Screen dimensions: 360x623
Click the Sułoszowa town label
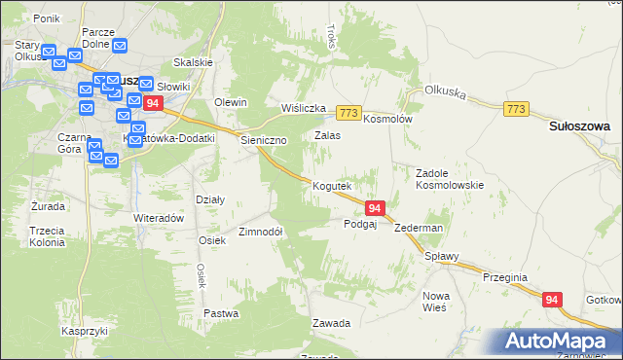coord(580,126)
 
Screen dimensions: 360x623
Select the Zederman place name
coord(420,228)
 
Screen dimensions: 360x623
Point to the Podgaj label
coord(360,224)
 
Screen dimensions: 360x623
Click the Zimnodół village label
coord(260,233)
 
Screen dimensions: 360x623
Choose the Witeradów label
coord(159,219)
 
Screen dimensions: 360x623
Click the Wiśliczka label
coord(302,108)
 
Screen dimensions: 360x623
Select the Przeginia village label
coord(504,277)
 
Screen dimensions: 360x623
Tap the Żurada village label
coord(48,206)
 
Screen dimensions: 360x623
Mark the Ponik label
coord(47,18)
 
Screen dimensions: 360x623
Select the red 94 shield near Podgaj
coord(376,207)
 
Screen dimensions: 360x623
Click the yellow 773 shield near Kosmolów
coord(350,113)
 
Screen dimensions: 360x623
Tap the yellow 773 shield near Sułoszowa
coord(517,109)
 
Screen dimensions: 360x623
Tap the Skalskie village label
coord(193,62)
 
